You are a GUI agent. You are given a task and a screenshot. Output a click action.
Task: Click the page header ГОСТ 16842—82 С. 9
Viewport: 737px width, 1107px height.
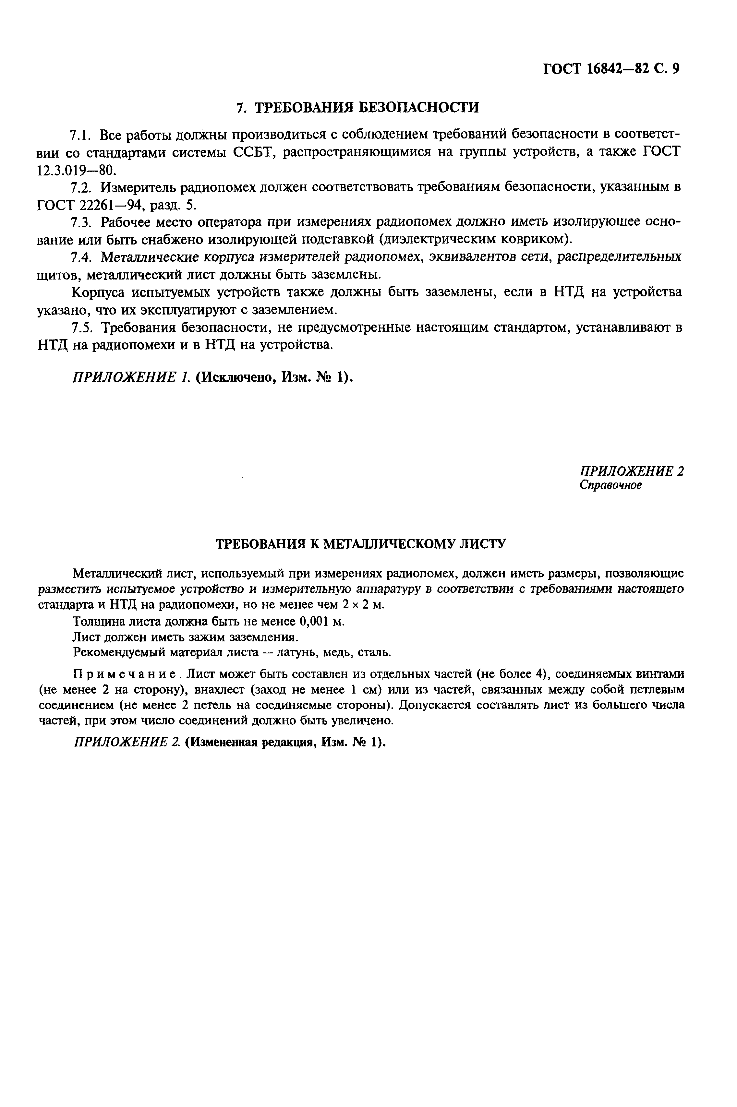(x=611, y=69)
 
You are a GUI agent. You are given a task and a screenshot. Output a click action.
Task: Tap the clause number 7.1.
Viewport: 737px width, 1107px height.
(x=83, y=135)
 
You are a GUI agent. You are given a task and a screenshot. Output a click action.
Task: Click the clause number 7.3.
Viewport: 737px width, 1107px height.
(x=83, y=222)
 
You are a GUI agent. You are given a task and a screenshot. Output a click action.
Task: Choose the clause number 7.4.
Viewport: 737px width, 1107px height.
(x=83, y=257)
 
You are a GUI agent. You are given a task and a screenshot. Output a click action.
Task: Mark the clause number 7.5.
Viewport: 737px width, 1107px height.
(x=83, y=327)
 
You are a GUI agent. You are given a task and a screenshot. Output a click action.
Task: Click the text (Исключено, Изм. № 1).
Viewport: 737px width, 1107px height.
(x=273, y=377)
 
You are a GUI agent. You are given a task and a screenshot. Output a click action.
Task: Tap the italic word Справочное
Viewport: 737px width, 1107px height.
(x=610, y=485)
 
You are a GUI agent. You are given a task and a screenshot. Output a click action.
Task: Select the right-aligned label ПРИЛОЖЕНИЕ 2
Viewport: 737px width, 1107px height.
(x=632, y=471)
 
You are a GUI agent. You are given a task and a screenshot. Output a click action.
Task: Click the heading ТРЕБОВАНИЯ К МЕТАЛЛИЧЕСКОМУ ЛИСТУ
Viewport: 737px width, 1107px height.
(x=360, y=544)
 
